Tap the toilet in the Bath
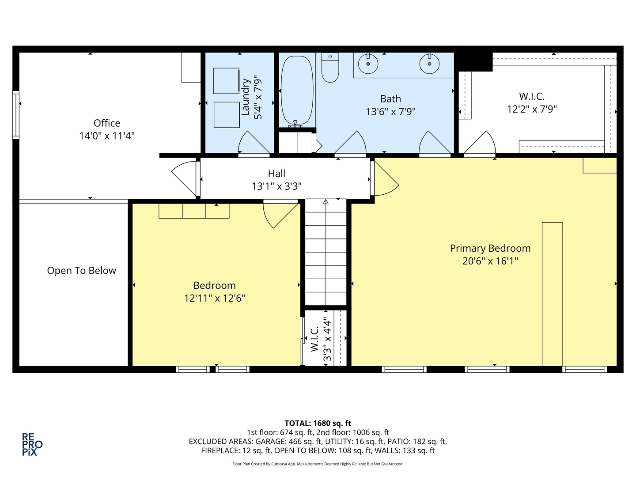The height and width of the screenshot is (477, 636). coord(330,68)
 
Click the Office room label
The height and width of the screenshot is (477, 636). coord(107,123)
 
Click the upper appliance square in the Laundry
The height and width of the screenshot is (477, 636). coord(226,80)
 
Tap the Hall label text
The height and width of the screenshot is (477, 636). coord(276,174)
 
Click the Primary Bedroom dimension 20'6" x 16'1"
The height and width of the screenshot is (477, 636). coord(490,261)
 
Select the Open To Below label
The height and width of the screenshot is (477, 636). coord(82,271)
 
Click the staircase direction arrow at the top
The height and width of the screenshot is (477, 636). coord(326,202)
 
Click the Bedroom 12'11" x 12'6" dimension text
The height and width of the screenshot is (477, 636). coord(215,298)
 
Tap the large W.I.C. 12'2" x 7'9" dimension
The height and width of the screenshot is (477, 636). coord(532,109)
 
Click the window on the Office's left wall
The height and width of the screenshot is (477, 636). coord(16,114)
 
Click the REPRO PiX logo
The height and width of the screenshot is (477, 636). coord(32,444)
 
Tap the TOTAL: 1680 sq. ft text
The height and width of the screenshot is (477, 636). coord(318,423)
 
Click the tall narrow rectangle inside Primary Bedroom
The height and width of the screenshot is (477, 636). coord(552,294)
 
